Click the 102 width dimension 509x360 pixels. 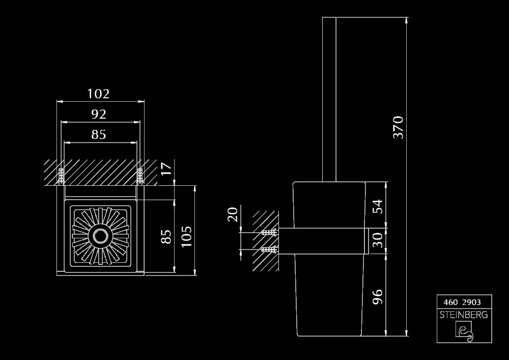tap(98, 94)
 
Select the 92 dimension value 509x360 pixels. tap(99, 114)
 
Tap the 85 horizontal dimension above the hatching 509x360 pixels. tap(99, 134)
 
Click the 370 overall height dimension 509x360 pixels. tap(398, 127)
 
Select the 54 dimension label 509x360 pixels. tap(377, 206)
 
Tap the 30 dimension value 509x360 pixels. tap(377, 239)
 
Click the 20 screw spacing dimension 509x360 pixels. tap(232, 213)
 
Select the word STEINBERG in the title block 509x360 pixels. tap(464, 315)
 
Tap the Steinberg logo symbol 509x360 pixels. tap(464, 331)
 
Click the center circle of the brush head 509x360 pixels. tap(100, 237)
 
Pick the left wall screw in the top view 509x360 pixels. tap(61, 176)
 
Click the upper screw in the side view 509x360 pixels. tap(268, 233)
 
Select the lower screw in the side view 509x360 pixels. tap(268, 250)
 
